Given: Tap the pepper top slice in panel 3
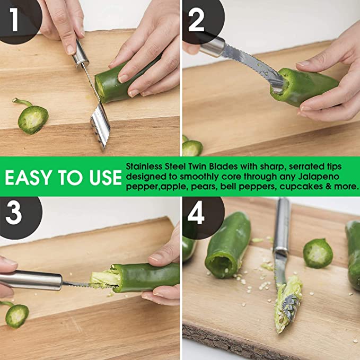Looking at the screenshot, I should (x=16, y=315).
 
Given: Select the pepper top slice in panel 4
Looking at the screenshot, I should (x=318, y=253).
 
